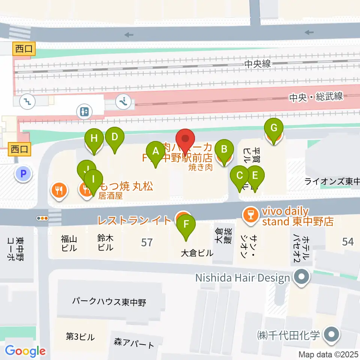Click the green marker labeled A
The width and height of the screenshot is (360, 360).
click(x=155, y=151)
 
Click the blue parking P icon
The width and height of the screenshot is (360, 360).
click(x=23, y=174)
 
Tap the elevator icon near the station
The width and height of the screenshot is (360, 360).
click(x=84, y=111)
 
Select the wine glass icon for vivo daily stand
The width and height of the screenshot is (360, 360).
click(x=248, y=215)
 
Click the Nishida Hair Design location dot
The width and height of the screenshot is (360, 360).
click(x=301, y=278)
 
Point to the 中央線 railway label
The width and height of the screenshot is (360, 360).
click(x=257, y=64)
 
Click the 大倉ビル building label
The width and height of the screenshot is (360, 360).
click(x=197, y=253)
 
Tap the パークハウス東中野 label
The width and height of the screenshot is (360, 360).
click(x=109, y=301)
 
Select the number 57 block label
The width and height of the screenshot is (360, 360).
click(x=147, y=242)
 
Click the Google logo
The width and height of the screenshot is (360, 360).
click(x=25, y=351)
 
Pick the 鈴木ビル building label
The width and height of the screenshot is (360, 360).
click(x=105, y=243)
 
